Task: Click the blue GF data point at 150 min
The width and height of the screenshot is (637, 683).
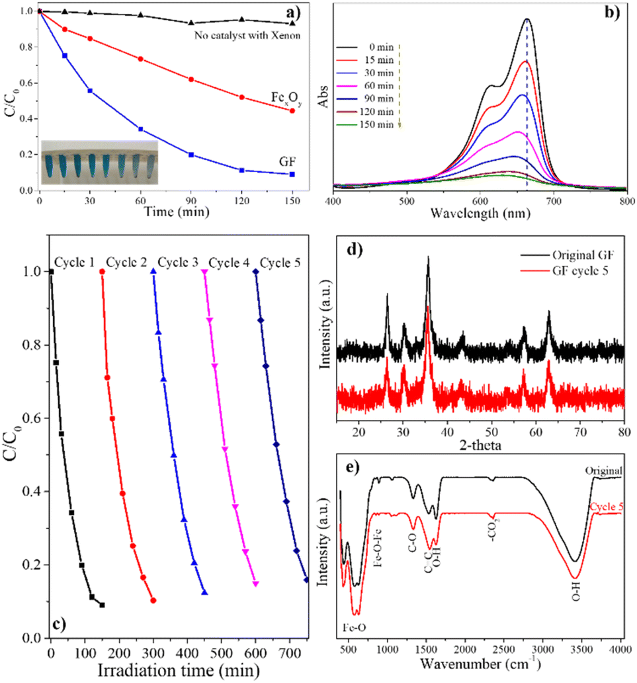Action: (x=292, y=175)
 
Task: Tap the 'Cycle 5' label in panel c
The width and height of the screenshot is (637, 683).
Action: (x=280, y=263)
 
